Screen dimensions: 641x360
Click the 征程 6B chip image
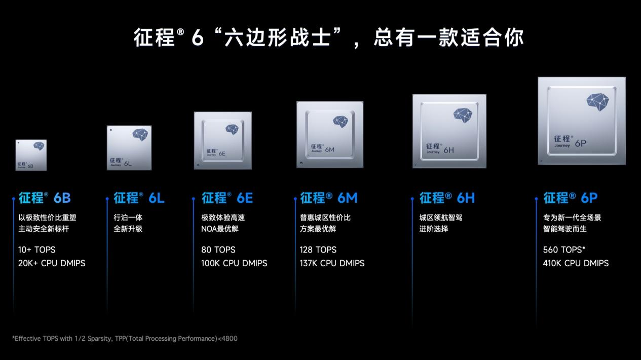(31, 155)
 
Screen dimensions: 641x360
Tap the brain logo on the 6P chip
(597, 101)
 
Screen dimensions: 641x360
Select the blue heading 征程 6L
(139, 198)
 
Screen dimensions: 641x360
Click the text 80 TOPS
(218, 250)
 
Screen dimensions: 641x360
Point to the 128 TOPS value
(318, 250)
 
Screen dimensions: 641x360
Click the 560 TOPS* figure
(564, 250)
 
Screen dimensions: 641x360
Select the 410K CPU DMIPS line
(576, 263)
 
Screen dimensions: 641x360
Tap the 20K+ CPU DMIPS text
(52, 263)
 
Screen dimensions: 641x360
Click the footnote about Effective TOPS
(125, 339)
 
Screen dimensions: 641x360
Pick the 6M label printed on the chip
(329, 150)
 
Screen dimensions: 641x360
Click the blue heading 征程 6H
(447, 198)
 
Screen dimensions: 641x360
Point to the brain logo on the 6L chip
(140, 134)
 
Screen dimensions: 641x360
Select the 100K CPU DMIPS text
(234, 263)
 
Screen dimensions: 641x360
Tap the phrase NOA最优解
(220, 229)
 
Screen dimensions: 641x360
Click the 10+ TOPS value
(36, 250)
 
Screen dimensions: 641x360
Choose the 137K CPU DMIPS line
(332, 263)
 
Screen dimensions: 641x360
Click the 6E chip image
(223, 140)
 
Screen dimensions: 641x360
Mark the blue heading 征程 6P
(571, 198)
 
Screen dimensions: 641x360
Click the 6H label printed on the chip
(449, 150)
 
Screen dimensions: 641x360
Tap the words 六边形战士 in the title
(277, 38)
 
